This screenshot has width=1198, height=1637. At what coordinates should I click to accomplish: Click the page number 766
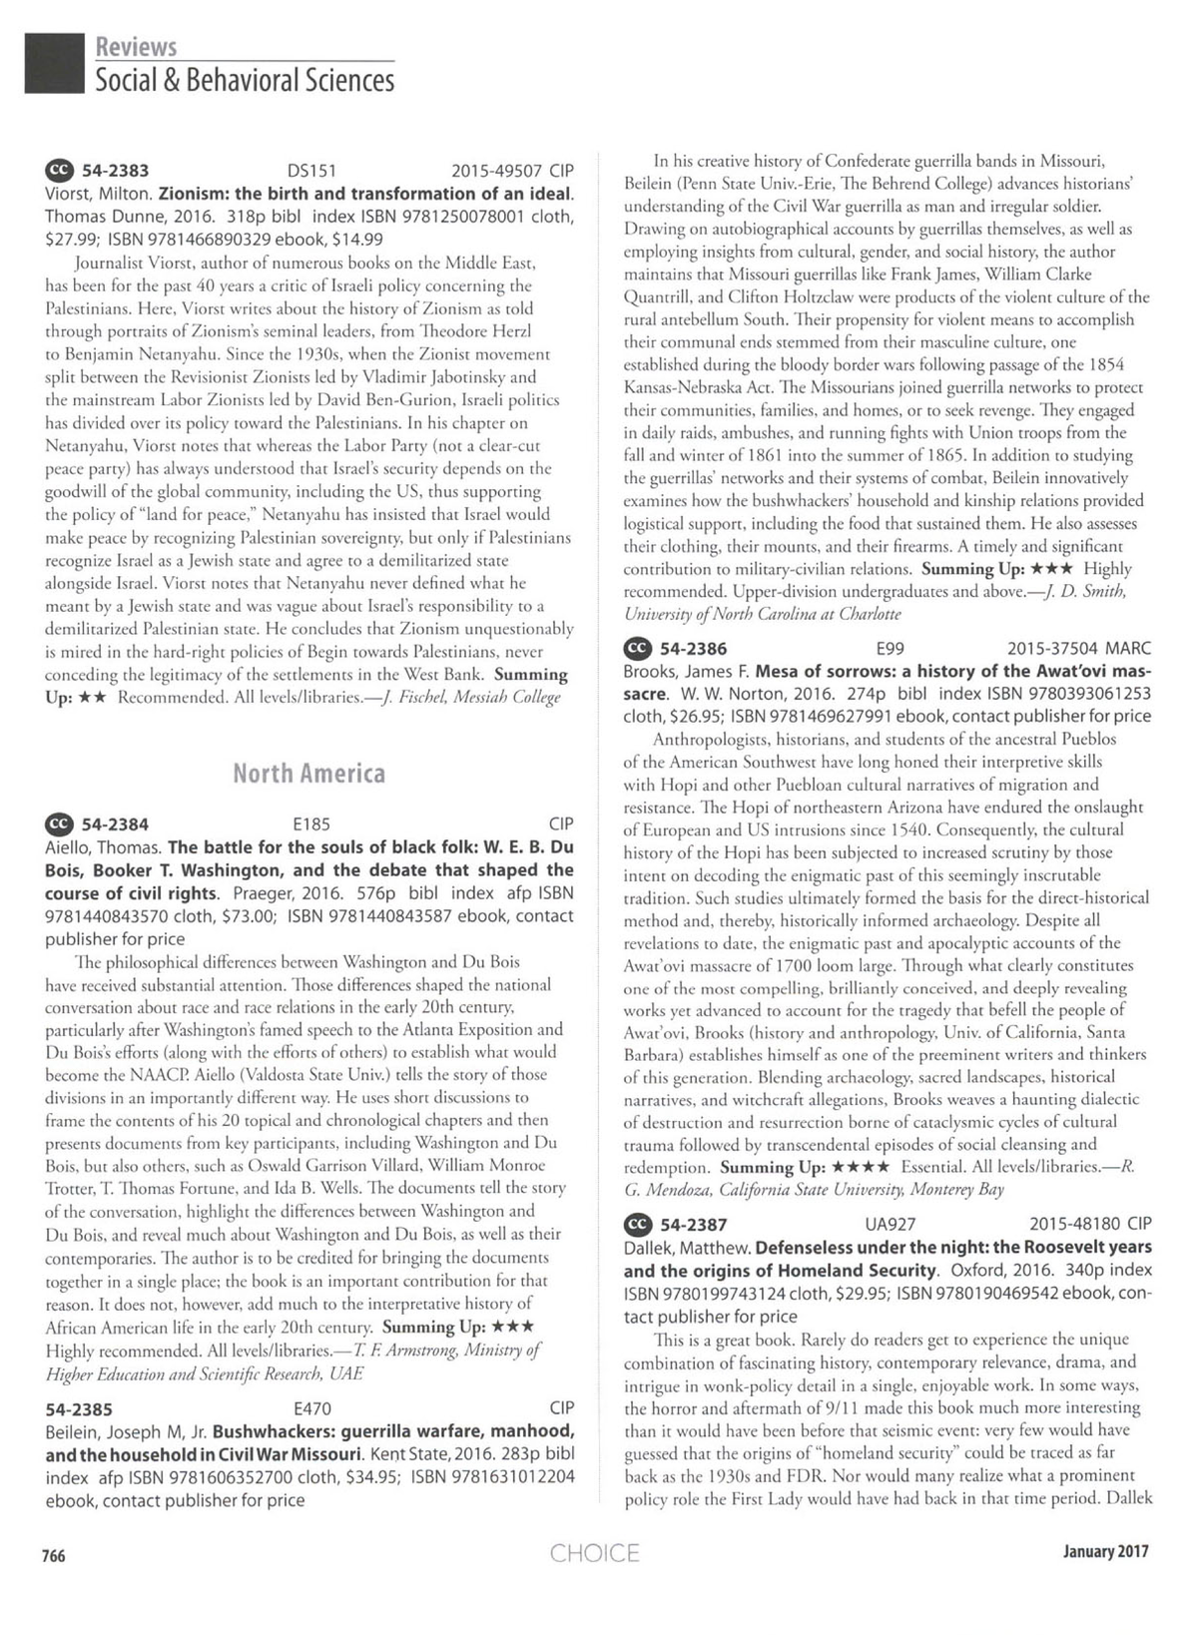(x=53, y=1555)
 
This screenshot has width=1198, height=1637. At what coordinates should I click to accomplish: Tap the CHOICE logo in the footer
(x=594, y=1553)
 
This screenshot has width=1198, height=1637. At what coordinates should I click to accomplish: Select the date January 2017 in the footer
(x=1105, y=1551)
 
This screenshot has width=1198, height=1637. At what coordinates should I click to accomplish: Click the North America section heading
(x=308, y=773)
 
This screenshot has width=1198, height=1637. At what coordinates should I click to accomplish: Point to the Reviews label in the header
(x=136, y=47)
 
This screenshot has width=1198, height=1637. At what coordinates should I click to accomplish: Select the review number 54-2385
(x=80, y=1408)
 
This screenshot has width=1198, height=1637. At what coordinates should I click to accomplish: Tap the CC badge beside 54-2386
(x=637, y=648)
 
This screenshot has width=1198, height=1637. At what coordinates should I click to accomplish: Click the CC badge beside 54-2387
(x=637, y=1224)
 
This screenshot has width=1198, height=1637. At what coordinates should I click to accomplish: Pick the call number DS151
(x=310, y=171)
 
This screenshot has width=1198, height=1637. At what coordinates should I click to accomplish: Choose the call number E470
(x=312, y=1408)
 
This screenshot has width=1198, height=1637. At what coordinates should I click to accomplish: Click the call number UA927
(x=891, y=1224)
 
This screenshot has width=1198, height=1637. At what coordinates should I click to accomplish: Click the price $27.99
(x=69, y=240)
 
